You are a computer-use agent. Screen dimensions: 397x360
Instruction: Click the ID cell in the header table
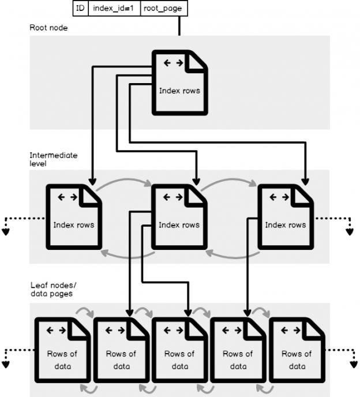point(80,8)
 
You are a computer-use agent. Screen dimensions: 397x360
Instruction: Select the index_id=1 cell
point(113,8)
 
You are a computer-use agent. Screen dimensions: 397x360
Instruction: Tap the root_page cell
point(164,8)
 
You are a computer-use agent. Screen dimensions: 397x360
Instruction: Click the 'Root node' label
point(48,28)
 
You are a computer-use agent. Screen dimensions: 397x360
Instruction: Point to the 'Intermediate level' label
point(53,160)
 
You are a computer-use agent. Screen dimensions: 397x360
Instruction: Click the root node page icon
point(179,83)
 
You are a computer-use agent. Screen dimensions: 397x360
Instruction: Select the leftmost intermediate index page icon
point(74,217)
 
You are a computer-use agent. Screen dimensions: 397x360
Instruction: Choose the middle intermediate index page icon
point(179,217)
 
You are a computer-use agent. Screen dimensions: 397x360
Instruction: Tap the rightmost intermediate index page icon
point(285,217)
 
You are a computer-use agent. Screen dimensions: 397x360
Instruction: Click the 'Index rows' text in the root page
point(179,91)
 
